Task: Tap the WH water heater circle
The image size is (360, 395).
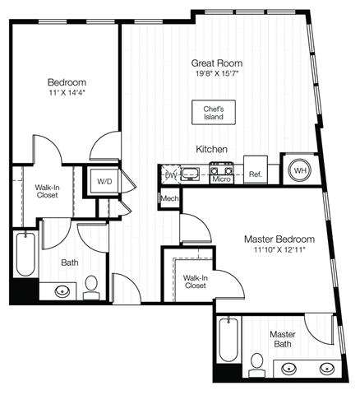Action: (x=300, y=170)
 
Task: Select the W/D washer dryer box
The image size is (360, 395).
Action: (x=104, y=181)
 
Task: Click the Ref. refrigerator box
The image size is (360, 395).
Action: (x=256, y=170)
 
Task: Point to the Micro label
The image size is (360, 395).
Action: (x=221, y=179)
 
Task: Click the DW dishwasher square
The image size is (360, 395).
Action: (x=170, y=174)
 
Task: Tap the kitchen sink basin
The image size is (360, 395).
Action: (x=191, y=174)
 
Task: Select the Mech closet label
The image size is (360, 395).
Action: (x=169, y=198)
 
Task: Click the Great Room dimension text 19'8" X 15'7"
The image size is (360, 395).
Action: (x=217, y=73)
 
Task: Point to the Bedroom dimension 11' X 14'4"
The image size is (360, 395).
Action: (x=67, y=93)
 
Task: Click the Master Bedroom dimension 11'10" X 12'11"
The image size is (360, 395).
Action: (x=279, y=249)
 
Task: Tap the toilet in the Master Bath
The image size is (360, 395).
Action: (x=256, y=366)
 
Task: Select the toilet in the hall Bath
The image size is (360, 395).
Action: (x=91, y=287)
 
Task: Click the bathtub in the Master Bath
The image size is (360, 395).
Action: (x=228, y=340)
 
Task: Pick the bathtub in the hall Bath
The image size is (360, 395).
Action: (x=25, y=254)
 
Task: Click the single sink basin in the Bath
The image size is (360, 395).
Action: (x=62, y=291)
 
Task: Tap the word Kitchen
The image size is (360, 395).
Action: (x=211, y=149)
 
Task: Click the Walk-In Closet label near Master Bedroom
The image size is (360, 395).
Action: (x=196, y=281)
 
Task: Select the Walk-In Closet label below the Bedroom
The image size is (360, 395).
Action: (x=47, y=191)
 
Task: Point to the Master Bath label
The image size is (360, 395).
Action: (x=283, y=339)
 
